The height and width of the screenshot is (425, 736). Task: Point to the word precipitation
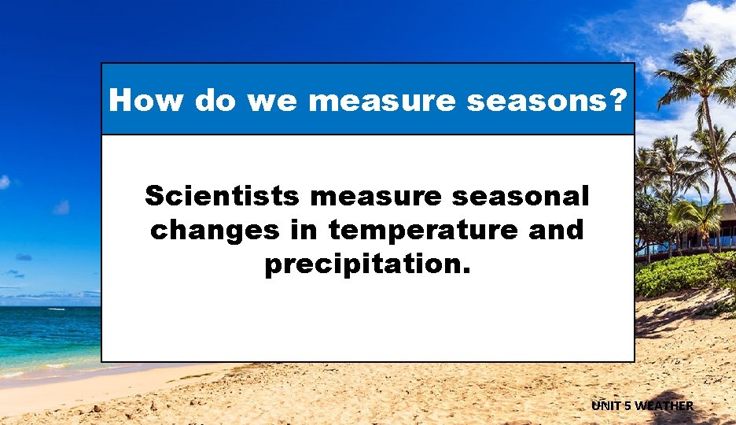click(x=367, y=265)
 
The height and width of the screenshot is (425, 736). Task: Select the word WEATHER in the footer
click(x=664, y=406)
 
